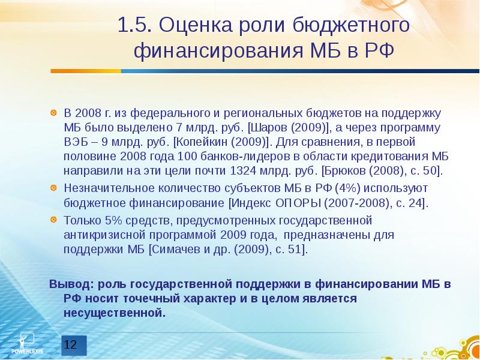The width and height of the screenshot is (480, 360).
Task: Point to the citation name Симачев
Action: pyautogui.click(x=177, y=249)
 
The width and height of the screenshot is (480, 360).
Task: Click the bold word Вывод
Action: pyautogui.click(x=68, y=284)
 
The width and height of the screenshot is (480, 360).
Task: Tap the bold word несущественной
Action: pyautogui.click(x=114, y=313)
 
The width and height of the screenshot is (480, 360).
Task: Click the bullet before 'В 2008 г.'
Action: pyautogui.click(x=53, y=113)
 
